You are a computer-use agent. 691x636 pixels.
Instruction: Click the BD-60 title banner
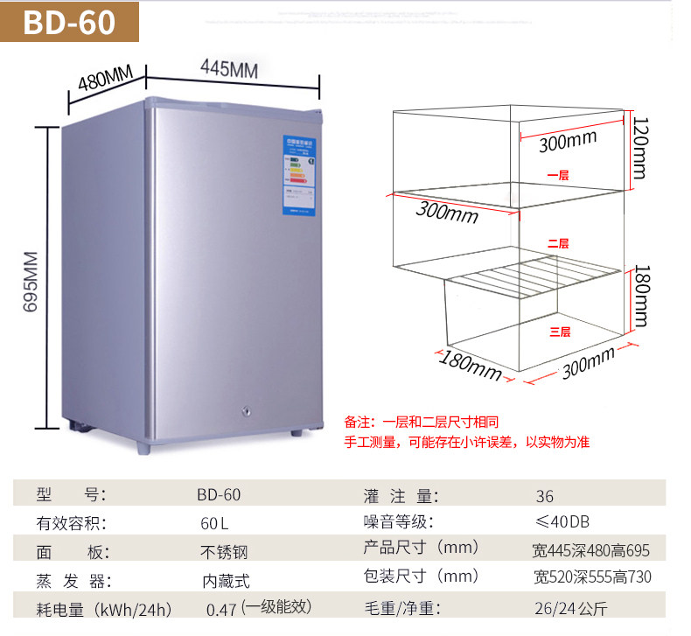pos(70,22)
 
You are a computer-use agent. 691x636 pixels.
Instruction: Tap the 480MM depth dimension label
pos(104,78)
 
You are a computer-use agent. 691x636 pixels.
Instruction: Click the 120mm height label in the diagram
pos(640,149)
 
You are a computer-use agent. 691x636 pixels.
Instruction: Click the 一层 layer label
pos(558,175)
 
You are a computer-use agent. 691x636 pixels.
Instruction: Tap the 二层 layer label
pos(558,243)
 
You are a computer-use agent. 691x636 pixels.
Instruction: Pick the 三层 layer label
pos(560,332)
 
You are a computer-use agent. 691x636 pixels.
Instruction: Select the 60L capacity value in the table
pos(213,525)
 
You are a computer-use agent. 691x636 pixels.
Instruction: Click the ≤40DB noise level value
pos(562,522)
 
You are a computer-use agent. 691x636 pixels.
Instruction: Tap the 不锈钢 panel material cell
pos(224,552)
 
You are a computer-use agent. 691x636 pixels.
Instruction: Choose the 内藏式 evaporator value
pos(227,580)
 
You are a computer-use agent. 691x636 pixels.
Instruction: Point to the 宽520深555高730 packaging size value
pos(592,577)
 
